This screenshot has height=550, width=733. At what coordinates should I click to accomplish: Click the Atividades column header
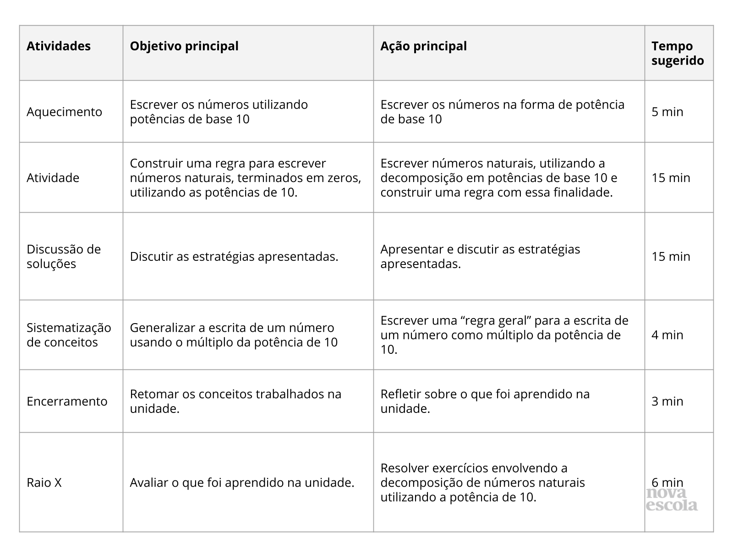[59, 46]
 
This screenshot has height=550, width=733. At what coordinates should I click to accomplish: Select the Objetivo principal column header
[184, 46]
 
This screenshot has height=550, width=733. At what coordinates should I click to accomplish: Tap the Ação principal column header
[423, 46]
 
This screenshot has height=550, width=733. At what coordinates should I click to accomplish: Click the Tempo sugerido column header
[678, 53]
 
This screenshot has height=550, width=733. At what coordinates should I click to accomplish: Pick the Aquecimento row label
[64, 112]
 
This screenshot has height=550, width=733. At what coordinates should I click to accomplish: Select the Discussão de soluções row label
[64, 257]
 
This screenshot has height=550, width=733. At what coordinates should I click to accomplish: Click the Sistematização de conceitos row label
[69, 335]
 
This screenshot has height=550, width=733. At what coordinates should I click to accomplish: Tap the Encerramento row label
[67, 401]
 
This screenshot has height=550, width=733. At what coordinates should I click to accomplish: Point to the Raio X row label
[44, 483]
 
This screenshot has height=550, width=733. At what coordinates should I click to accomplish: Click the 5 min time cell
[667, 112]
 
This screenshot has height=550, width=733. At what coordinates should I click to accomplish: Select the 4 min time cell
[667, 335]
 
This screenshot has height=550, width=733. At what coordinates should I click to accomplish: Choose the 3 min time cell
[667, 401]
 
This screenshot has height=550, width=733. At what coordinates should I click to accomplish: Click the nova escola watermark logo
[672, 500]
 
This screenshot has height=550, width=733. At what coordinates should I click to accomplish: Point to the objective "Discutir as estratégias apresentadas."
[234, 257]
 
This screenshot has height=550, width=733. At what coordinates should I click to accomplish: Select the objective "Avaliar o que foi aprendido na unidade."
[242, 483]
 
